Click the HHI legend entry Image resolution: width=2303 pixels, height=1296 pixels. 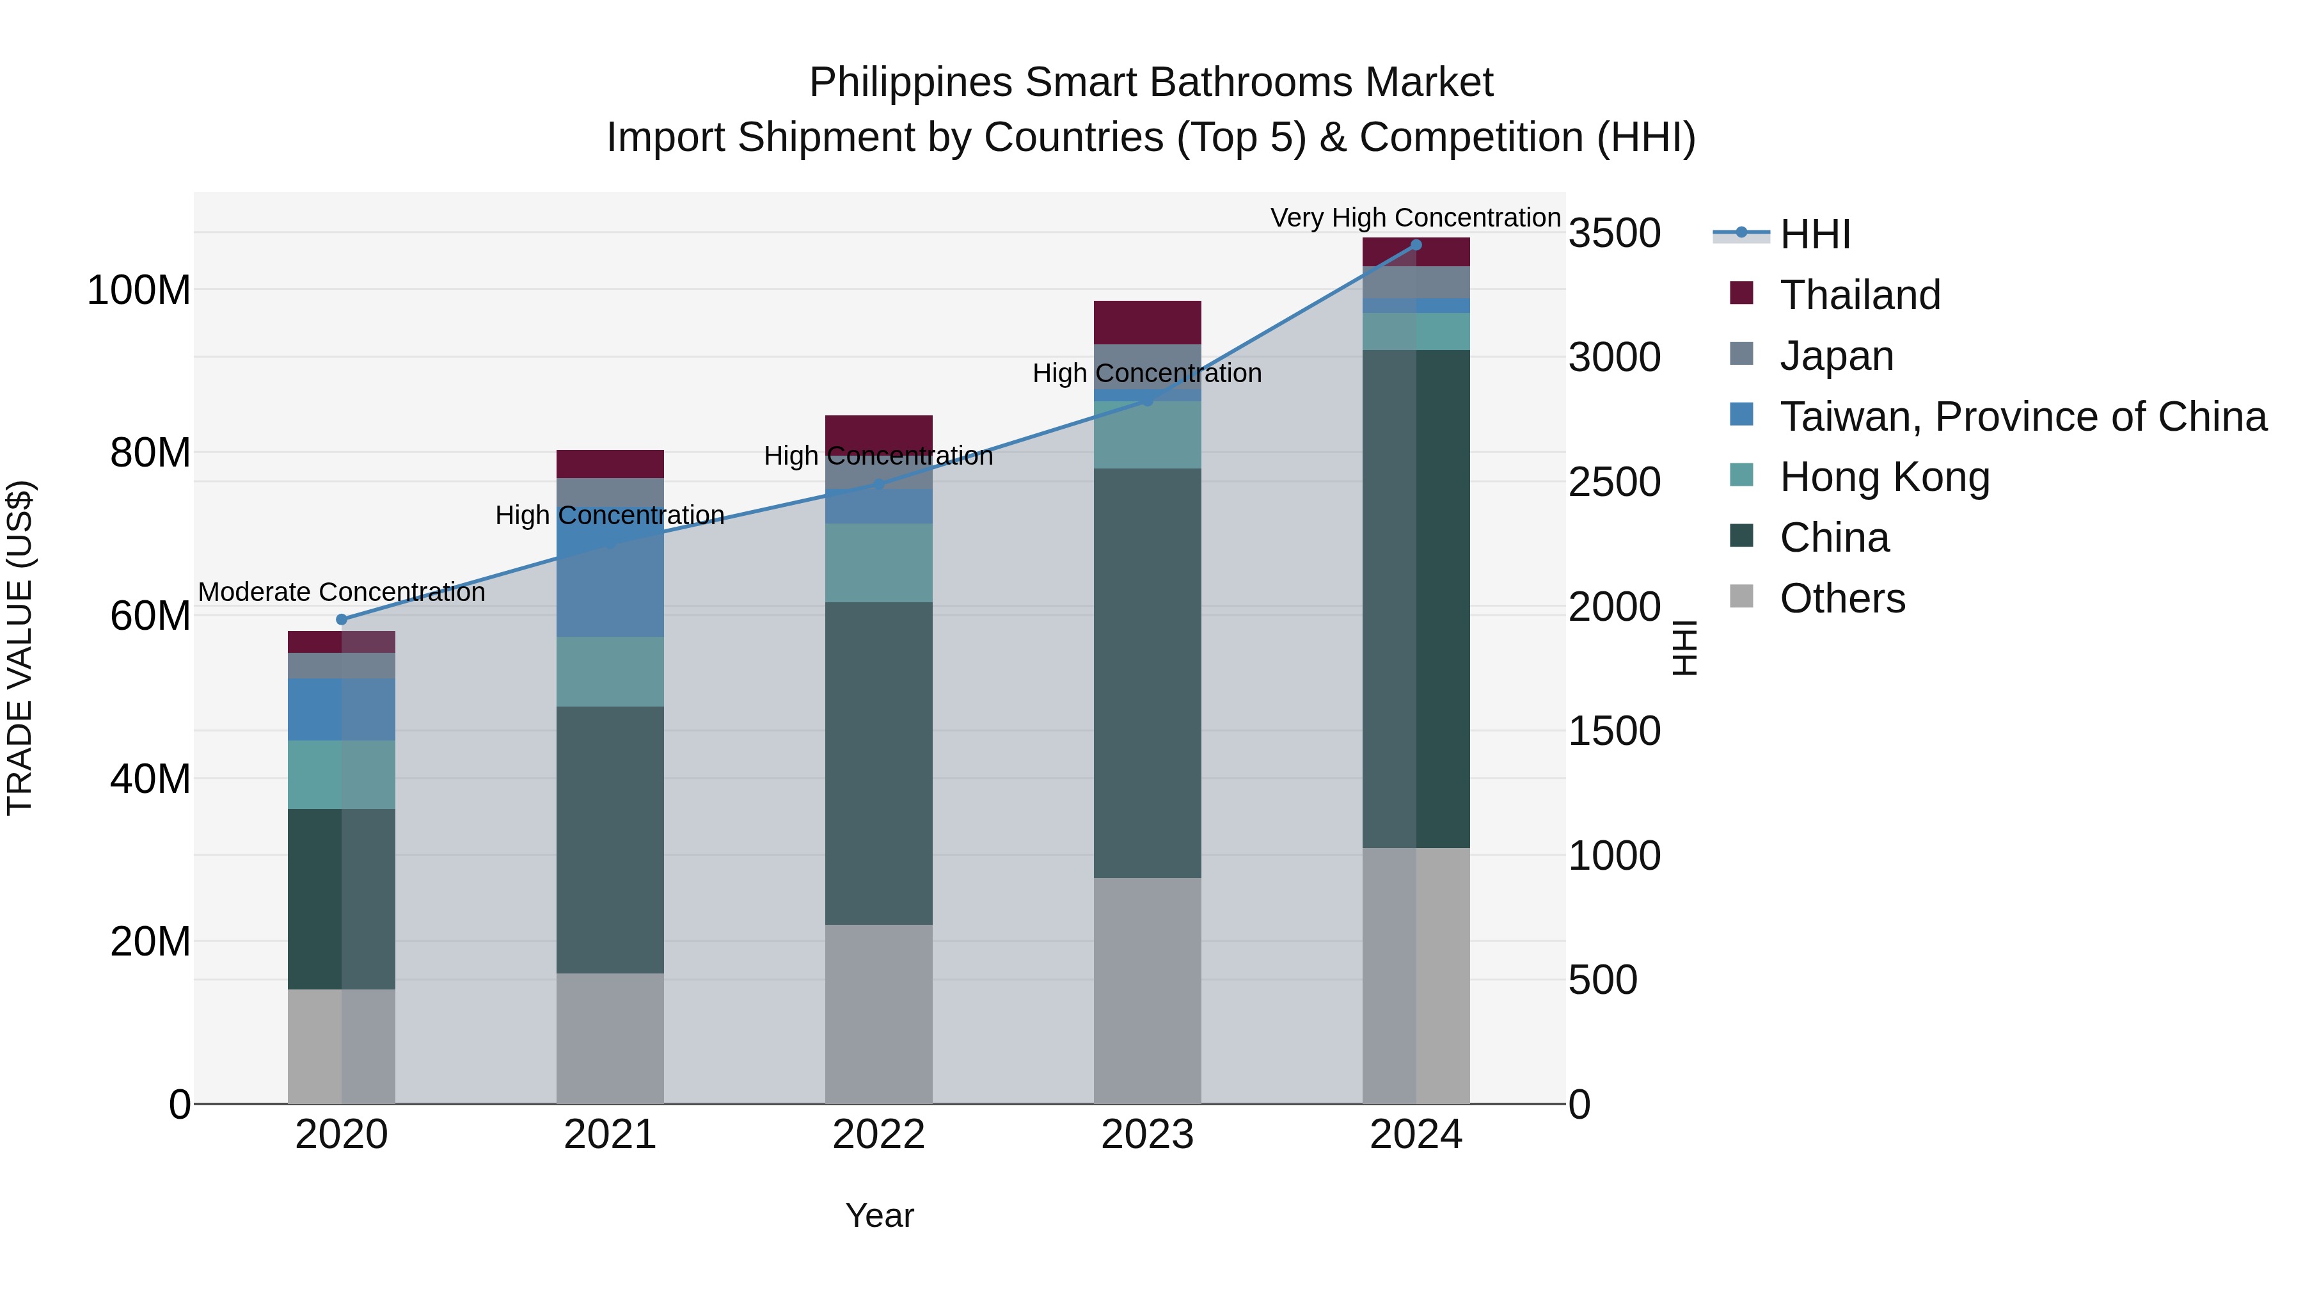click(x=1814, y=234)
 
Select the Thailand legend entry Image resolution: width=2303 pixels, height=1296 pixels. click(x=1860, y=295)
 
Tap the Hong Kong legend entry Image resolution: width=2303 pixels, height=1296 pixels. click(x=1884, y=477)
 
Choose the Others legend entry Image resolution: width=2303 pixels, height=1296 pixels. click(x=1842, y=598)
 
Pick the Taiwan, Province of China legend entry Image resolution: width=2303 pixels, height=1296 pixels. click(x=2022, y=417)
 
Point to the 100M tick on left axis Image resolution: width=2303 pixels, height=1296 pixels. click(x=139, y=291)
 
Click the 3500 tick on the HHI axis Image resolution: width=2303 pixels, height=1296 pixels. click(x=1614, y=234)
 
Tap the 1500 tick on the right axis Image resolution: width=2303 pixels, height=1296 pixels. click(x=1614, y=732)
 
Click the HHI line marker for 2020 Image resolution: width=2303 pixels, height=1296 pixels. click(x=342, y=619)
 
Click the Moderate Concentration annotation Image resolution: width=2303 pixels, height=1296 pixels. click(x=342, y=592)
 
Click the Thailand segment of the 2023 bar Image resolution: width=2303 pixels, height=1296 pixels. click(x=1147, y=322)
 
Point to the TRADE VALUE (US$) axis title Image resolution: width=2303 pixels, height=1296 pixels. click(x=20, y=648)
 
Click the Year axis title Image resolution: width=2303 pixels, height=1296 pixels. click(x=879, y=1215)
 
